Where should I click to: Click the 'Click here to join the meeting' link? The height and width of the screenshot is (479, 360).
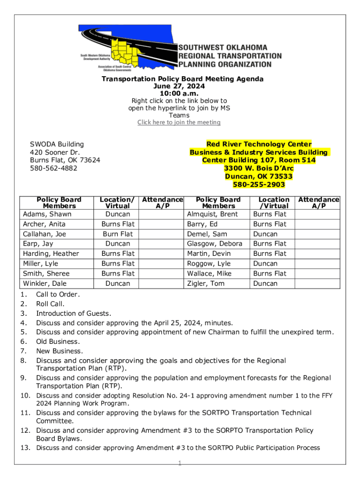click(179, 123)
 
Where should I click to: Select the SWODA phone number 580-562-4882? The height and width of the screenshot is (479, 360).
click(54, 168)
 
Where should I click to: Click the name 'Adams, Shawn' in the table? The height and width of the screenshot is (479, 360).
click(47, 214)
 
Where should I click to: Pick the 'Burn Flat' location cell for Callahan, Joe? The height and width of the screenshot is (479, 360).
click(118, 234)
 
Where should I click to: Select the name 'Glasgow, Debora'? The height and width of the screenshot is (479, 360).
click(215, 244)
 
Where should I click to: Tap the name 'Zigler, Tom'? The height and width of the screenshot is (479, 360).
click(206, 283)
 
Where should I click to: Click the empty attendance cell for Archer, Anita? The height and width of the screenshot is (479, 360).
click(163, 224)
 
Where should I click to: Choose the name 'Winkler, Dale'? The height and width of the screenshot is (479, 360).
click(45, 283)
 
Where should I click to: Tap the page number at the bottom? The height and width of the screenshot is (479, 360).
click(180, 464)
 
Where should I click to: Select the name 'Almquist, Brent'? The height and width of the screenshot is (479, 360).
click(212, 214)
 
